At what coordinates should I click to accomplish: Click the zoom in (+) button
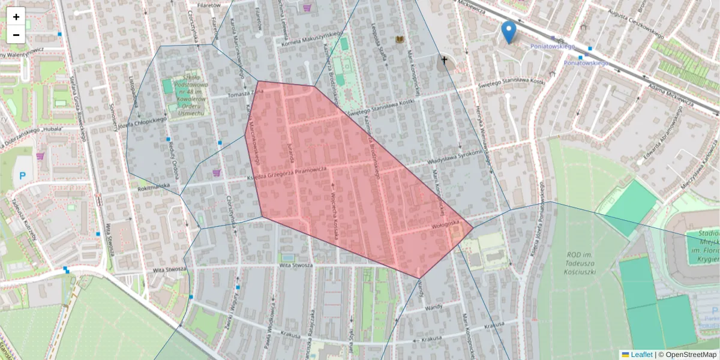(16, 17)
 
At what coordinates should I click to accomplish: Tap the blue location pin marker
(509, 32)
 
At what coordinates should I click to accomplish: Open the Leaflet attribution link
(641, 355)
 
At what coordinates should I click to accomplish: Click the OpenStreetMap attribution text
(691, 355)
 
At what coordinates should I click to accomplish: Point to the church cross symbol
(445, 60)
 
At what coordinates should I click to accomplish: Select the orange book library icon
(400, 40)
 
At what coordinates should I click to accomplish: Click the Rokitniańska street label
(154, 187)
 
